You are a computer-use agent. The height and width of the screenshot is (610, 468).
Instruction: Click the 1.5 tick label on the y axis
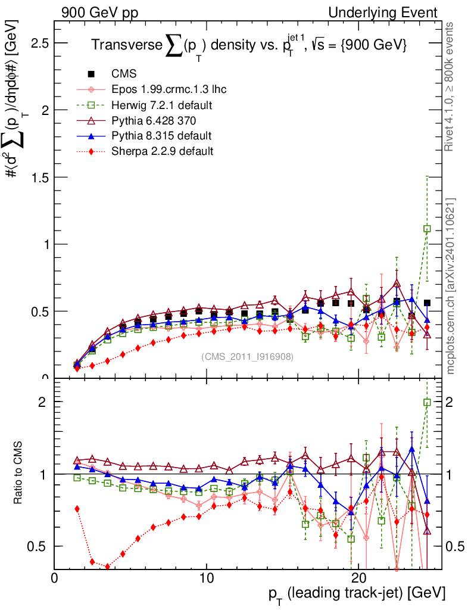tap(40, 178)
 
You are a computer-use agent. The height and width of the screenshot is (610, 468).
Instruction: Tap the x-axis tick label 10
tap(206, 578)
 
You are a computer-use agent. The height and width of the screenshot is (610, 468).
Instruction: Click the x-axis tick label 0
tap(54, 578)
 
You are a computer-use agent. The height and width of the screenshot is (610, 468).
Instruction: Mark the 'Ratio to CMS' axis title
tap(18, 472)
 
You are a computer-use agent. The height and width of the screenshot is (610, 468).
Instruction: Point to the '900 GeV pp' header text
tap(99, 13)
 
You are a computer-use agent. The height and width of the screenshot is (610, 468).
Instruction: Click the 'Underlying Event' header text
tap(383, 13)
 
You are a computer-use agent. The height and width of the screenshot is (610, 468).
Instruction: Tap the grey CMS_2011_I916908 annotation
tap(247, 356)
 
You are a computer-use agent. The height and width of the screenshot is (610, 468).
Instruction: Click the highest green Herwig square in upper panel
tap(427, 229)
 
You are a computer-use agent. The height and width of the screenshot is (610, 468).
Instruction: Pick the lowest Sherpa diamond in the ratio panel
tap(108, 567)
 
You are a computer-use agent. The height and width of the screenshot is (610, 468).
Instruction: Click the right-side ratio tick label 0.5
tap(455, 547)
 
